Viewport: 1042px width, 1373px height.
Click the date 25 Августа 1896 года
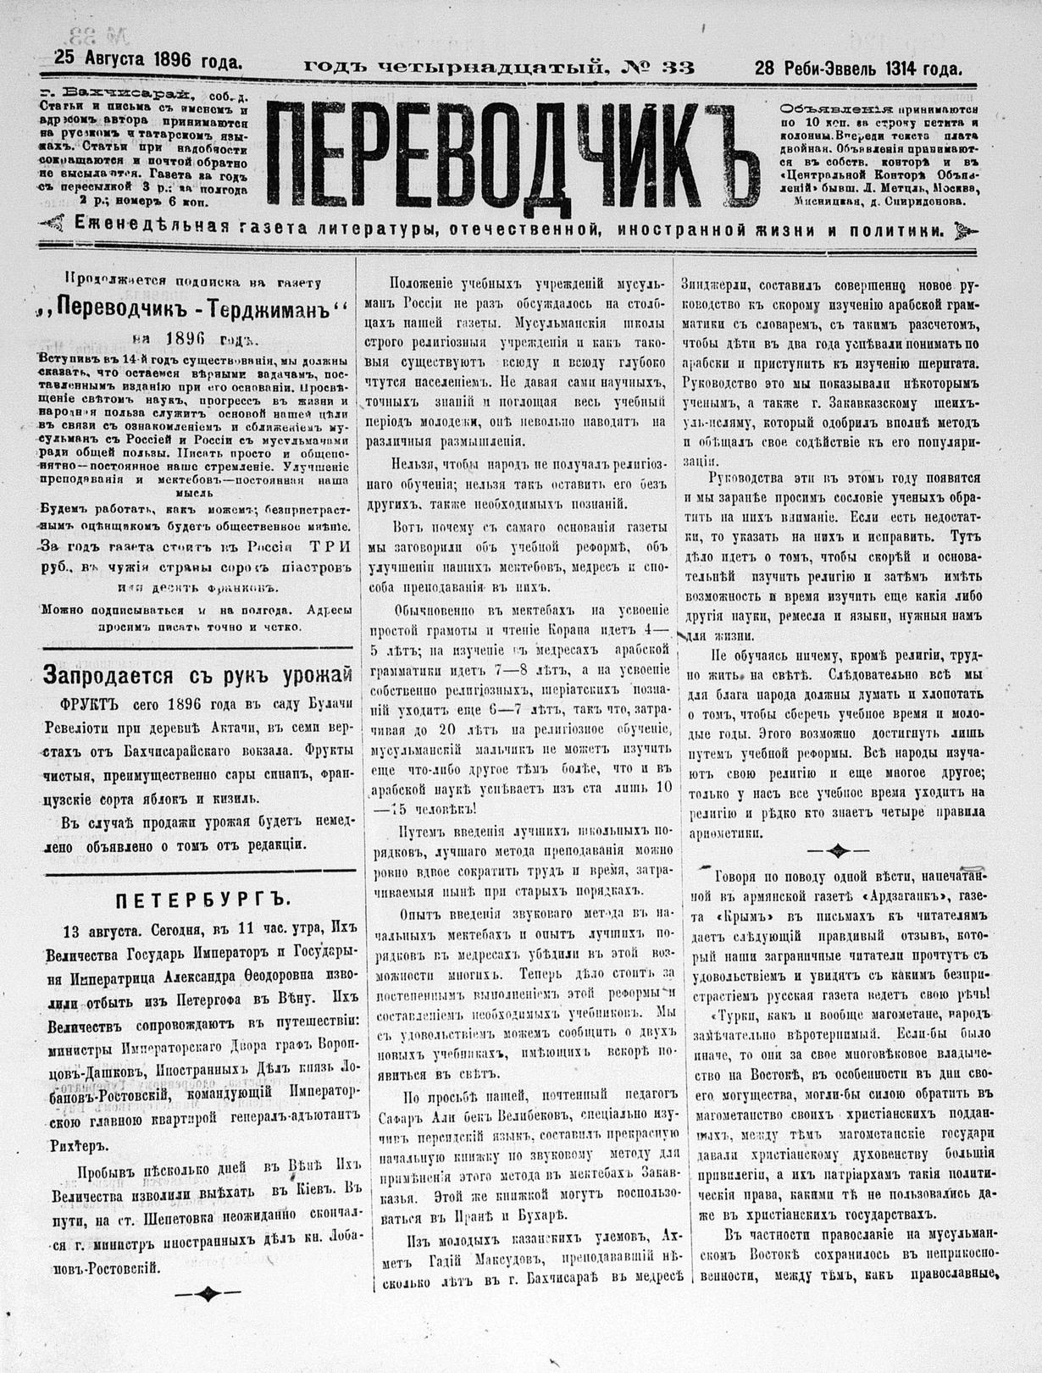148,59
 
